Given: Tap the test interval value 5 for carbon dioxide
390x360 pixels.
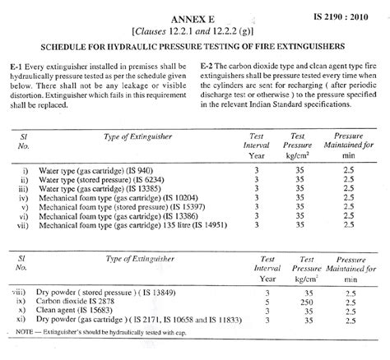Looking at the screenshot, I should click(x=266, y=301).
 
